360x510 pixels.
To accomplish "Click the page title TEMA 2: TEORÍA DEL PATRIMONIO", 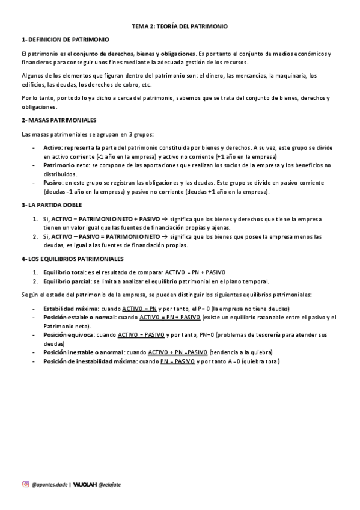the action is (x=180, y=27).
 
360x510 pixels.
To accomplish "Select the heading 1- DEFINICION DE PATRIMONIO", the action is (x=65, y=40).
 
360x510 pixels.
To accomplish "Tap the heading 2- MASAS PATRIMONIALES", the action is (x=58, y=120).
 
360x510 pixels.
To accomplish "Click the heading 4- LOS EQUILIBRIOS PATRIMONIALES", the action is (x=72, y=259).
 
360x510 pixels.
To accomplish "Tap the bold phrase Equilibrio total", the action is (x=64, y=272).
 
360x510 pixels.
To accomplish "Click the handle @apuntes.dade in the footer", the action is (x=49, y=484).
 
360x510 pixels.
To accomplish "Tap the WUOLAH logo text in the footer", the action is (x=85, y=484).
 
